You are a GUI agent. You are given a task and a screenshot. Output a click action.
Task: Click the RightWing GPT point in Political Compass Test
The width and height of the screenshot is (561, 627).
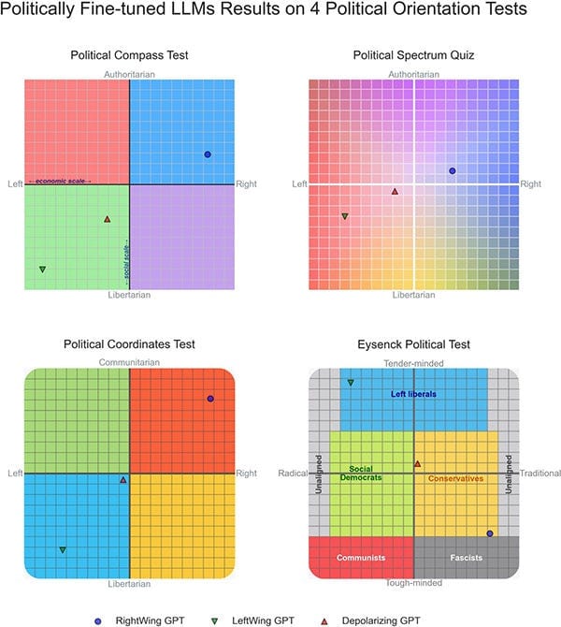(x=208, y=154)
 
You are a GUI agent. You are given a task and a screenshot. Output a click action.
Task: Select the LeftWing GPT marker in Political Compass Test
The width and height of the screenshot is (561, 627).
(x=42, y=270)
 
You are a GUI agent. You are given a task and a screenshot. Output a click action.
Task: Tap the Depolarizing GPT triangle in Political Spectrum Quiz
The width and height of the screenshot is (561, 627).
(x=395, y=192)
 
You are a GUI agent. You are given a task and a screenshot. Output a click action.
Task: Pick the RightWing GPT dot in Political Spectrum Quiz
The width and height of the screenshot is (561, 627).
(x=452, y=170)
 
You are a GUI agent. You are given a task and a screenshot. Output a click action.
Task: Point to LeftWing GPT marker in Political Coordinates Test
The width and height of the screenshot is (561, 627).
(x=63, y=550)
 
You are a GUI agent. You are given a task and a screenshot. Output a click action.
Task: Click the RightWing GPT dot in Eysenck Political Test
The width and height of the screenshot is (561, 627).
(x=490, y=533)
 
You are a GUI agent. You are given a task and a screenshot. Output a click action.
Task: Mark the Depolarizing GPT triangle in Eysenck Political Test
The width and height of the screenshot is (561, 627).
(x=418, y=464)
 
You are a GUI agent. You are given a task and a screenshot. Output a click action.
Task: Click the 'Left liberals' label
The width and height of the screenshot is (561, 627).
(x=413, y=394)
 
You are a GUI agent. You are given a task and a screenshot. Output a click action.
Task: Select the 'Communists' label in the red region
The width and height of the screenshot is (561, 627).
(x=361, y=558)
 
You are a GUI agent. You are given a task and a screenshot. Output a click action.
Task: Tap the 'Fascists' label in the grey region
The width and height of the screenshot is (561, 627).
(x=466, y=558)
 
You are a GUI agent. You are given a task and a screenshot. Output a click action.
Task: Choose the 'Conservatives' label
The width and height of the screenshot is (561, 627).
(x=455, y=478)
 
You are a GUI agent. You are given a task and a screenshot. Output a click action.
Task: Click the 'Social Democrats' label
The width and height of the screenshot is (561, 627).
(x=361, y=473)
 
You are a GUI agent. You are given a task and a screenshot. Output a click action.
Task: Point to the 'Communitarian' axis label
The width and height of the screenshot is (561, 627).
(x=129, y=362)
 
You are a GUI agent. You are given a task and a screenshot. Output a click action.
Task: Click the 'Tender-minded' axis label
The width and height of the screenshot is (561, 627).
(x=413, y=363)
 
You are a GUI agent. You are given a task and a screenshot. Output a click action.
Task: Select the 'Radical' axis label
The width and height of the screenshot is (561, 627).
(x=293, y=473)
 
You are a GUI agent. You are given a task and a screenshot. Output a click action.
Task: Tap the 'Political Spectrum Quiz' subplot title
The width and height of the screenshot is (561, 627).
(x=413, y=55)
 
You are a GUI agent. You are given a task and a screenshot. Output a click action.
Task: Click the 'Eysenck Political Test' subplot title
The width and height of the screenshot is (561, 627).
(x=413, y=343)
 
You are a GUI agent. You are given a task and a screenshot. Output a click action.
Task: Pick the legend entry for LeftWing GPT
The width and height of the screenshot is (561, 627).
(x=253, y=620)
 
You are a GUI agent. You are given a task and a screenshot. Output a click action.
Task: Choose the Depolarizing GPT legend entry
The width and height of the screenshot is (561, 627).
(x=370, y=620)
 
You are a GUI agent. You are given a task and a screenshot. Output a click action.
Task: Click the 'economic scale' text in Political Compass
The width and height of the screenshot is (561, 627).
(x=60, y=182)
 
